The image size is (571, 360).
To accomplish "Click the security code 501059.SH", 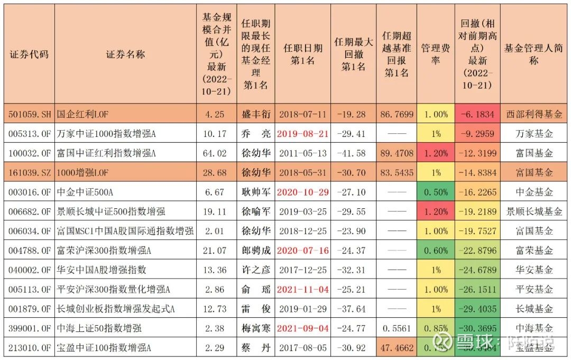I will pyautogui.click(x=29, y=114).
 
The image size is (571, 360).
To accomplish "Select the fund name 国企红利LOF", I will pyautogui.click(x=82, y=114).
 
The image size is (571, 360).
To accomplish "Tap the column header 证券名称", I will pyautogui.click(x=125, y=54).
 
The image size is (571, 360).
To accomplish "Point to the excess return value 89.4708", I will pyautogui.click(x=397, y=153).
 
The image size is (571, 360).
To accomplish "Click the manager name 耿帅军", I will pyautogui.click(x=256, y=192).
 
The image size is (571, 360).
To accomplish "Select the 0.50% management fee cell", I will pyautogui.click(x=436, y=192).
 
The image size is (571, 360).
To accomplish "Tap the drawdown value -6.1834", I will pyautogui.click(x=477, y=114).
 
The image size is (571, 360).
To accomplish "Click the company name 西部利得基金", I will pyautogui.click(x=534, y=114).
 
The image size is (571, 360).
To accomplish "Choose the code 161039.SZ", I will pyautogui.click(x=29, y=173).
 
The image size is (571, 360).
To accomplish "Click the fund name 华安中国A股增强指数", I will pyautogui.click(x=102, y=270).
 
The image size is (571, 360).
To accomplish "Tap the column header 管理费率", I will pyautogui.click(x=436, y=54).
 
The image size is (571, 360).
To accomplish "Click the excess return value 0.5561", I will pyautogui.click(x=397, y=329).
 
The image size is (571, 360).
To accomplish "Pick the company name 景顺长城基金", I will pyautogui.click(x=534, y=211).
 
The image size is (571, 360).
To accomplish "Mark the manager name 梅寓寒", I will pyautogui.click(x=256, y=329).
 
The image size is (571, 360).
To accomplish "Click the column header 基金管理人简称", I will pyautogui.click(x=534, y=54).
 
